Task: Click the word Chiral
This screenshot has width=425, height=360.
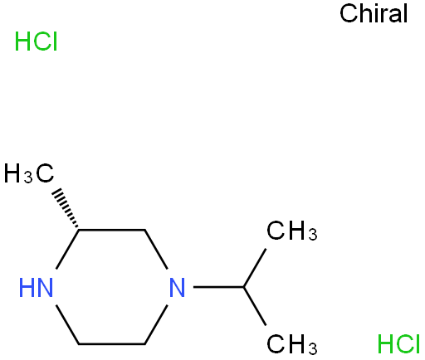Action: pos(374,13)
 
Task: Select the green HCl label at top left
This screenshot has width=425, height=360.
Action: pos(36,41)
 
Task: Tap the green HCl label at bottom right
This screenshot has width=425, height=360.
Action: pos(398,343)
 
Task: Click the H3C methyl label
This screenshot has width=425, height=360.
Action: pos(29,173)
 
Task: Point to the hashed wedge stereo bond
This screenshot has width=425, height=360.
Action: pos(66,209)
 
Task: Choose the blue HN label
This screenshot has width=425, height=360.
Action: pos(36,288)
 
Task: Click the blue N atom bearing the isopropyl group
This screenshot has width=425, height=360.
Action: pos(177,288)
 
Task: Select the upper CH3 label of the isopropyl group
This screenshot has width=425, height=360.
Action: pos(292,231)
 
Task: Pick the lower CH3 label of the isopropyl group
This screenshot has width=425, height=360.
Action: pos(292,344)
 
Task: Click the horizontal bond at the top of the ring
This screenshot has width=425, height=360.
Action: pos(112,230)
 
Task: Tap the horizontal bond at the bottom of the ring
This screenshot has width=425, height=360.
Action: pos(112,344)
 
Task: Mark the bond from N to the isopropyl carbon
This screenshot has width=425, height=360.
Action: pos(218,287)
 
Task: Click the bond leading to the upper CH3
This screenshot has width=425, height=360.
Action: pos(255,268)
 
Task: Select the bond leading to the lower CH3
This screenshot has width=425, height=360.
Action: pos(255,306)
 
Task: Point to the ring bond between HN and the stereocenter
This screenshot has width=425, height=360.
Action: pos(68,250)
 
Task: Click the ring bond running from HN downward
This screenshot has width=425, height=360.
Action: pos(68,325)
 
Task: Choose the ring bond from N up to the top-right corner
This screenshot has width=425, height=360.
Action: pos(156,250)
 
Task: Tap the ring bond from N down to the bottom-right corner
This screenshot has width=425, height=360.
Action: pos(156,325)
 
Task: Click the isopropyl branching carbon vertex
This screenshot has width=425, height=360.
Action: pos(243,287)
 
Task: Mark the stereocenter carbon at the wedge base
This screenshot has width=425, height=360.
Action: pos(79,230)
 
